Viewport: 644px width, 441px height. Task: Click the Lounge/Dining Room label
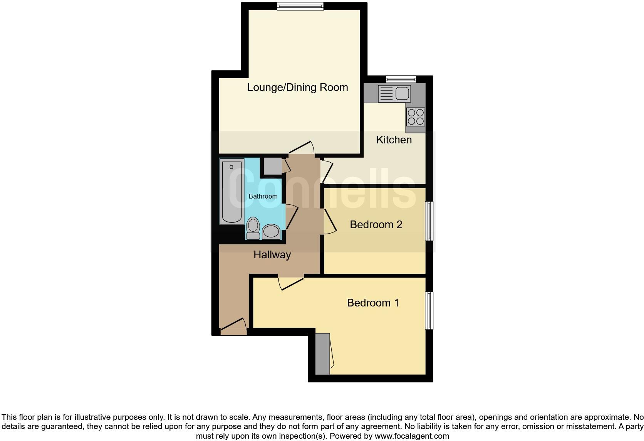point(297,88)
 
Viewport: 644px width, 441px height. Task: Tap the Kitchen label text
point(394,140)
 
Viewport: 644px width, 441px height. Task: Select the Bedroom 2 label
point(376,224)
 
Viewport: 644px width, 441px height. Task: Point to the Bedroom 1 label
point(373,303)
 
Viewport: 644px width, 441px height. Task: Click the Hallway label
point(272,254)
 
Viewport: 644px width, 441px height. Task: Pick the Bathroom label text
point(263,196)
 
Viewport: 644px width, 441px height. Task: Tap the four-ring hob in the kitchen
point(416,117)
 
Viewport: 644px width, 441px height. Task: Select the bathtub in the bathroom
point(231,191)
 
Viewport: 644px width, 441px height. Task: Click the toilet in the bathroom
point(253,228)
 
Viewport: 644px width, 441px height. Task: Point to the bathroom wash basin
point(271,231)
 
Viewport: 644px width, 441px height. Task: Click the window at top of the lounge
point(300,6)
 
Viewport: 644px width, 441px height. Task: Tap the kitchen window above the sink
point(401,79)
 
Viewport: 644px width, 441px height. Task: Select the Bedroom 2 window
point(429,221)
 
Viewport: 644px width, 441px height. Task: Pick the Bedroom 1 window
point(429,311)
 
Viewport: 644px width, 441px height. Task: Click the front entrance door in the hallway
point(233,326)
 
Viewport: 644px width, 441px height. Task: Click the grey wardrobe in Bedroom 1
point(322,354)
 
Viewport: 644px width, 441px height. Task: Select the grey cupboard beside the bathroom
point(272,166)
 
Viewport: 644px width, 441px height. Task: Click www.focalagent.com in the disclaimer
point(411,436)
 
